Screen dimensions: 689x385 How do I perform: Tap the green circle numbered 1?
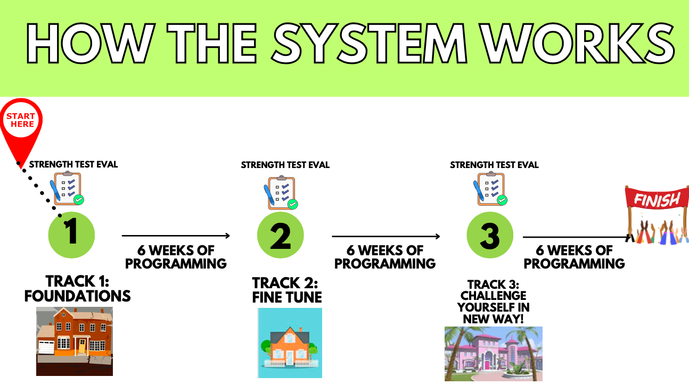[71, 235]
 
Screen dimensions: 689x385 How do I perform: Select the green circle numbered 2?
[281, 235]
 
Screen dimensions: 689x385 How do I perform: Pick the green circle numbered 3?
[490, 235]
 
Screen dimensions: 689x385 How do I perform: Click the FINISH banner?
[657, 200]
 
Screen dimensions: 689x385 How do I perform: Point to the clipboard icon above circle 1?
[68, 189]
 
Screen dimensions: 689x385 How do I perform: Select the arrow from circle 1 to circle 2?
[176, 236]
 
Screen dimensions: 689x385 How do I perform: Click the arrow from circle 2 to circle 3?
[386, 236]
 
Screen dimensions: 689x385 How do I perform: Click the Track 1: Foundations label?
[78, 289]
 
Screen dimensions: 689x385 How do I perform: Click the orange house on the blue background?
[290, 343]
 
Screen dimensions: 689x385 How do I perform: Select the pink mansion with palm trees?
[494, 354]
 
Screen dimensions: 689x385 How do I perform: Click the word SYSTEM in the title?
[373, 43]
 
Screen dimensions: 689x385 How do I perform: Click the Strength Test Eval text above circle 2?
[285, 165]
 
